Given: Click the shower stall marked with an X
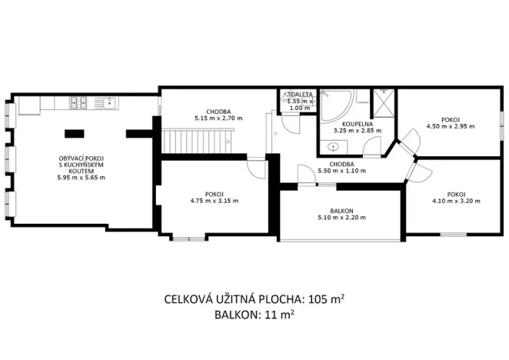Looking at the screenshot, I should pyautogui.click(x=381, y=101).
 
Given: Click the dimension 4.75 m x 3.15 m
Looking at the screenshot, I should pyautogui.click(x=214, y=201).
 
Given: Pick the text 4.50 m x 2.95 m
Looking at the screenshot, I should pyautogui.click(x=451, y=126).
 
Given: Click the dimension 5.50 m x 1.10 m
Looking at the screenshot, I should pyautogui.click(x=342, y=171).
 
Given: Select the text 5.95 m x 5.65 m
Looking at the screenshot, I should pyautogui.click(x=81, y=178).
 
